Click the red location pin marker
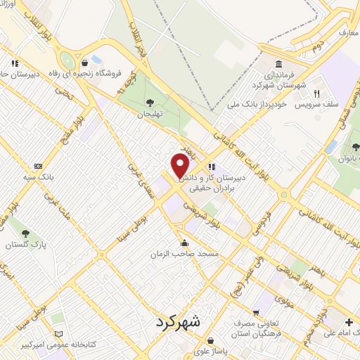180,165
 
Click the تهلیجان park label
149,114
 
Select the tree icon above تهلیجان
149,103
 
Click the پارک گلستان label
25,245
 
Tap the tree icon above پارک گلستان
25,233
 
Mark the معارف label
348,32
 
